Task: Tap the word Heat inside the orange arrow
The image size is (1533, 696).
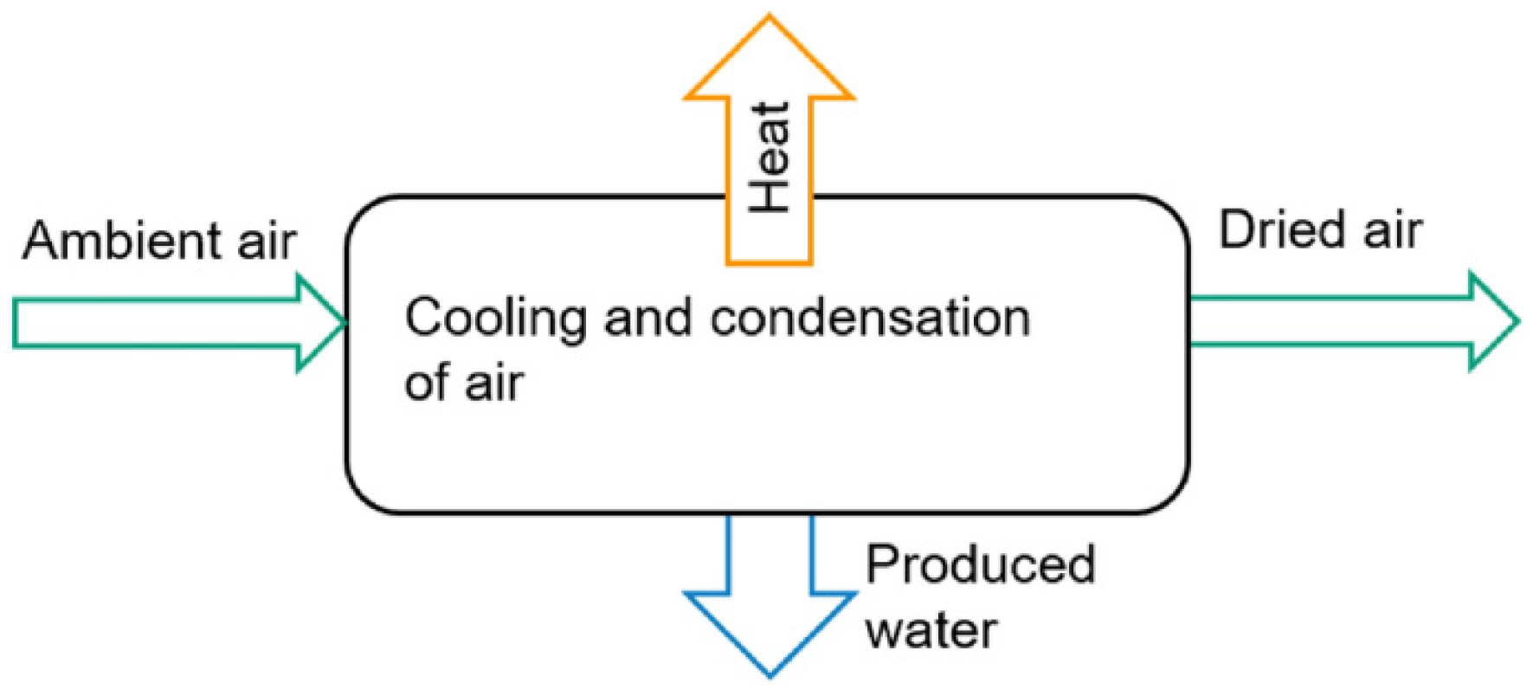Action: [770, 158]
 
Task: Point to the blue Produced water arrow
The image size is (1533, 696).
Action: [770, 606]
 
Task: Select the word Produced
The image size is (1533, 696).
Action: [981, 564]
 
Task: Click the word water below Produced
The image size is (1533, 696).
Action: [931, 629]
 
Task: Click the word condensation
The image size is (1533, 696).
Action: [870, 318]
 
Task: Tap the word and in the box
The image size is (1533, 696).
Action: [648, 318]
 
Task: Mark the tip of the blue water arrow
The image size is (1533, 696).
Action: [770, 671]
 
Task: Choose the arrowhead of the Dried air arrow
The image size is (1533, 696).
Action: [1493, 321]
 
